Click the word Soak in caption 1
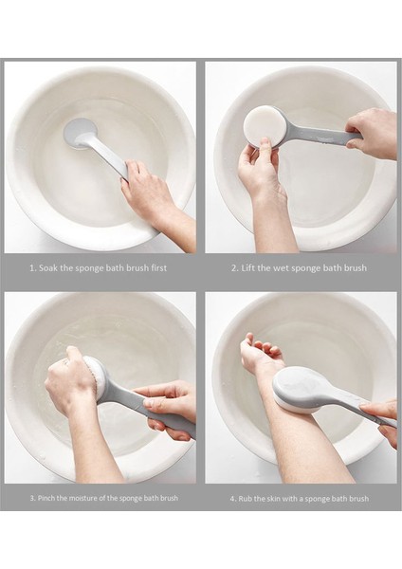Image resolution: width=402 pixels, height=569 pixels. [x=48, y=268]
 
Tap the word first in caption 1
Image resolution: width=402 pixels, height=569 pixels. [x=159, y=268]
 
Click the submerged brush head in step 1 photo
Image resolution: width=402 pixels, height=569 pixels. [x=81, y=134]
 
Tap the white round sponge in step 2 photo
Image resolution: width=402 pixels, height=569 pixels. [x=262, y=126]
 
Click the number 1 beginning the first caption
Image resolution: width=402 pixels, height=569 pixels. [x=32, y=268]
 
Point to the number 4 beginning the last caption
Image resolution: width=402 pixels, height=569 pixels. [x=233, y=499]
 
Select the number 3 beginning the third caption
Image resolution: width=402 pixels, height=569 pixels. [x=32, y=498]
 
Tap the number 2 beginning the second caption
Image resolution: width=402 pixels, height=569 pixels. [x=235, y=268]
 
